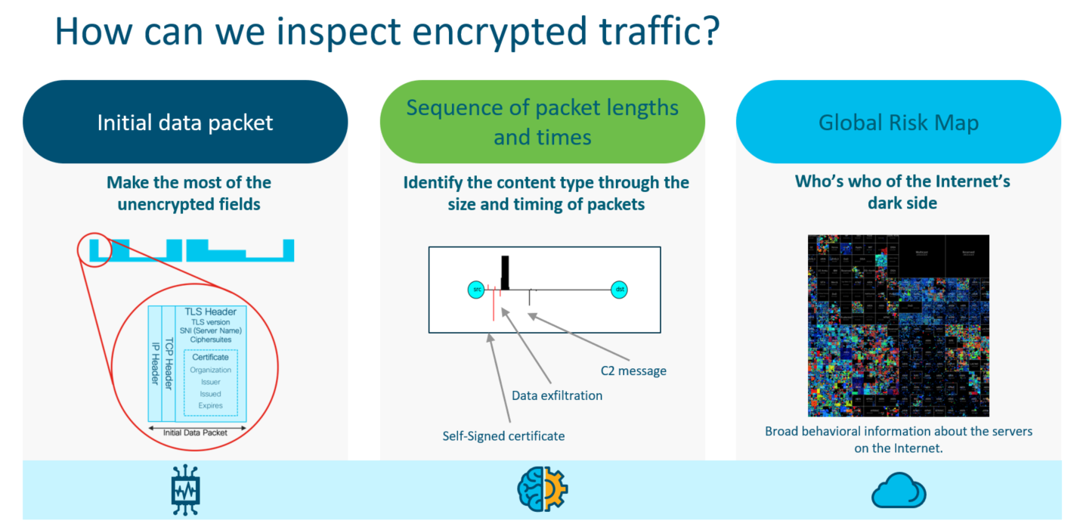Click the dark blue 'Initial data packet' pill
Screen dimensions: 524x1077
pyautogui.click(x=185, y=122)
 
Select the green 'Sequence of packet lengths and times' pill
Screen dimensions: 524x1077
pyautogui.click(x=542, y=122)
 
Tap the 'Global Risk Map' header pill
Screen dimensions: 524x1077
pyautogui.click(x=899, y=122)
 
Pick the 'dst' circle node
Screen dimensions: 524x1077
pyautogui.click(x=620, y=290)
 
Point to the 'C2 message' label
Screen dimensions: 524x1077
pyautogui.click(x=633, y=371)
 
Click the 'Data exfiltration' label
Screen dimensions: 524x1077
pyautogui.click(x=557, y=395)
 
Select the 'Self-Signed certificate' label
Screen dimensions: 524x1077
pyautogui.click(x=503, y=436)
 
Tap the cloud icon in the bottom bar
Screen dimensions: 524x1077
pyautogui.click(x=898, y=491)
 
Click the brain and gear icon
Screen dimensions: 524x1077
pyautogui.click(x=542, y=490)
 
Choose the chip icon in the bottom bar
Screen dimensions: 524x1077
pyautogui.click(x=185, y=490)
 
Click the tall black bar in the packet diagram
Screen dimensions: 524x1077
pyautogui.click(x=505, y=273)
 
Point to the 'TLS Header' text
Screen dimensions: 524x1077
pyautogui.click(x=210, y=312)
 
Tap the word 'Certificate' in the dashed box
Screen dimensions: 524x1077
pyautogui.click(x=210, y=357)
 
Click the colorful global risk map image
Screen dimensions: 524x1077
pyautogui.click(x=898, y=326)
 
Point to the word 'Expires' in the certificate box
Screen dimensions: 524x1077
pyautogui.click(x=210, y=406)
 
